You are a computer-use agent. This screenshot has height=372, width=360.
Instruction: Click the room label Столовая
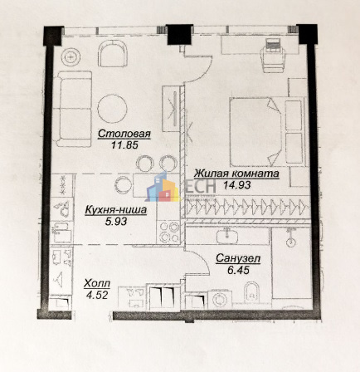click(124, 134)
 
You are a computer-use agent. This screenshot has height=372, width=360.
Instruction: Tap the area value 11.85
click(124, 145)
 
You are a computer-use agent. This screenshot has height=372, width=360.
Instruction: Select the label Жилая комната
click(236, 174)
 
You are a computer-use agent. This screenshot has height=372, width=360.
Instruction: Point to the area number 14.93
click(237, 185)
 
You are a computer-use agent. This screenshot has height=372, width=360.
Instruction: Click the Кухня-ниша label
click(116, 210)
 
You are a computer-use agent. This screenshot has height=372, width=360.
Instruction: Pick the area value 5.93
click(116, 221)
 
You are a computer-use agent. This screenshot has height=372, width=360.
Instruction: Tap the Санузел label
click(238, 259)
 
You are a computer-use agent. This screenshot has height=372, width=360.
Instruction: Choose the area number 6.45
click(238, 270)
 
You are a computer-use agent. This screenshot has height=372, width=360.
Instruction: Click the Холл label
click(97, 283)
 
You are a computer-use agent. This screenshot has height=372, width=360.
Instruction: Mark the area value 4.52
click(97, 295)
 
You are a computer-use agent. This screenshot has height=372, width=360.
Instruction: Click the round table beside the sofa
click(113, 109)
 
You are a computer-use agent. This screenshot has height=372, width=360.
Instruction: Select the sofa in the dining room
click(72, 109)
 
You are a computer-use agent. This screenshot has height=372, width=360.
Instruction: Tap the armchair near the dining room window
click(113, 53)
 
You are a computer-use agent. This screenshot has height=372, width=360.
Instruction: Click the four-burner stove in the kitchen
click(168, 232)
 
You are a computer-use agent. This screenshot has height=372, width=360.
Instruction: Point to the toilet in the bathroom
click(252, 292)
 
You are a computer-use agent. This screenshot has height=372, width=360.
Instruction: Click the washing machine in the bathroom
click(220, 299)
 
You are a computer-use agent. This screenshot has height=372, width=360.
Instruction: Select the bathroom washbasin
click(227, 236)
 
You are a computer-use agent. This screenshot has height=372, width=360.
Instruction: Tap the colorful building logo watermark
click(162, 188)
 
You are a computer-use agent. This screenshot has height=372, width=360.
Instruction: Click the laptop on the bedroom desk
click(273, 45)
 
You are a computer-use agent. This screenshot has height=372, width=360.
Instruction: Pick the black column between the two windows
click(179, 34)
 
